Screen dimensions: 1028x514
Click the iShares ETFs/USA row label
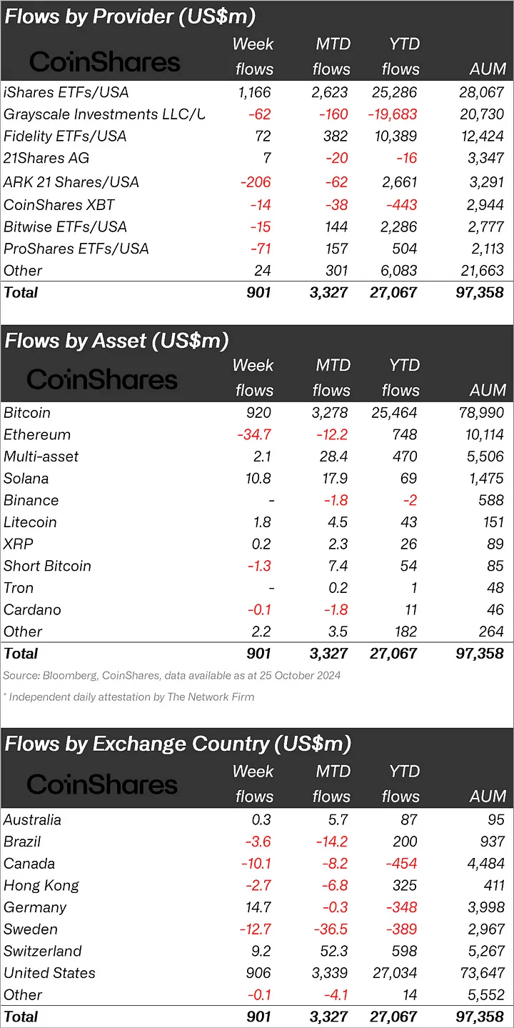[x=66, y=92]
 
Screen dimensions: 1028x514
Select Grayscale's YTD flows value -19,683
[x=392, y=114]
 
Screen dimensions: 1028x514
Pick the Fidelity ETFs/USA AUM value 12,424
[x=482, y=136]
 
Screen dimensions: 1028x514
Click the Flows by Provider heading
[x=130, y=16]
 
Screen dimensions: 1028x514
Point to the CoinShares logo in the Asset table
[x=102, y=379]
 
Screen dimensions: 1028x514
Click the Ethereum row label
[x=37, y=434]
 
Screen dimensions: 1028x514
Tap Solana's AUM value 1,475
[x=484, y=478]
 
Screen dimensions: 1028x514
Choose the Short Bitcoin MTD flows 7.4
[x=335, y=566]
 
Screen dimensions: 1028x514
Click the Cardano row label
[x=32, y=609]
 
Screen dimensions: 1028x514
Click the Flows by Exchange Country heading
[x=178, y=744]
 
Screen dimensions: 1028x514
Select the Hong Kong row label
[x=41, y=885]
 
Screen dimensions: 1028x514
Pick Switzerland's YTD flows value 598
[x=404, y=951]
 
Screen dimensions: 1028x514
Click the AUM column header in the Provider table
[x=488, y=69]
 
